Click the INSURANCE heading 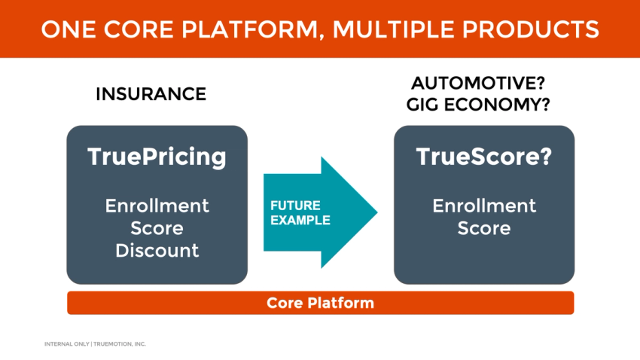151,94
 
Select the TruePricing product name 157,157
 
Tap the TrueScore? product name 484,157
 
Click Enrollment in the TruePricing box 157,206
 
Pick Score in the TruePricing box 157,227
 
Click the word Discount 157,250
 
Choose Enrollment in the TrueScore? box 484,206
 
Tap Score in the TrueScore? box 484,227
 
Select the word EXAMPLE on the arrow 300,221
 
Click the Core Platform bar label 320,303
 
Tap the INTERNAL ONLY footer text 66,344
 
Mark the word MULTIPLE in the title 398,29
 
